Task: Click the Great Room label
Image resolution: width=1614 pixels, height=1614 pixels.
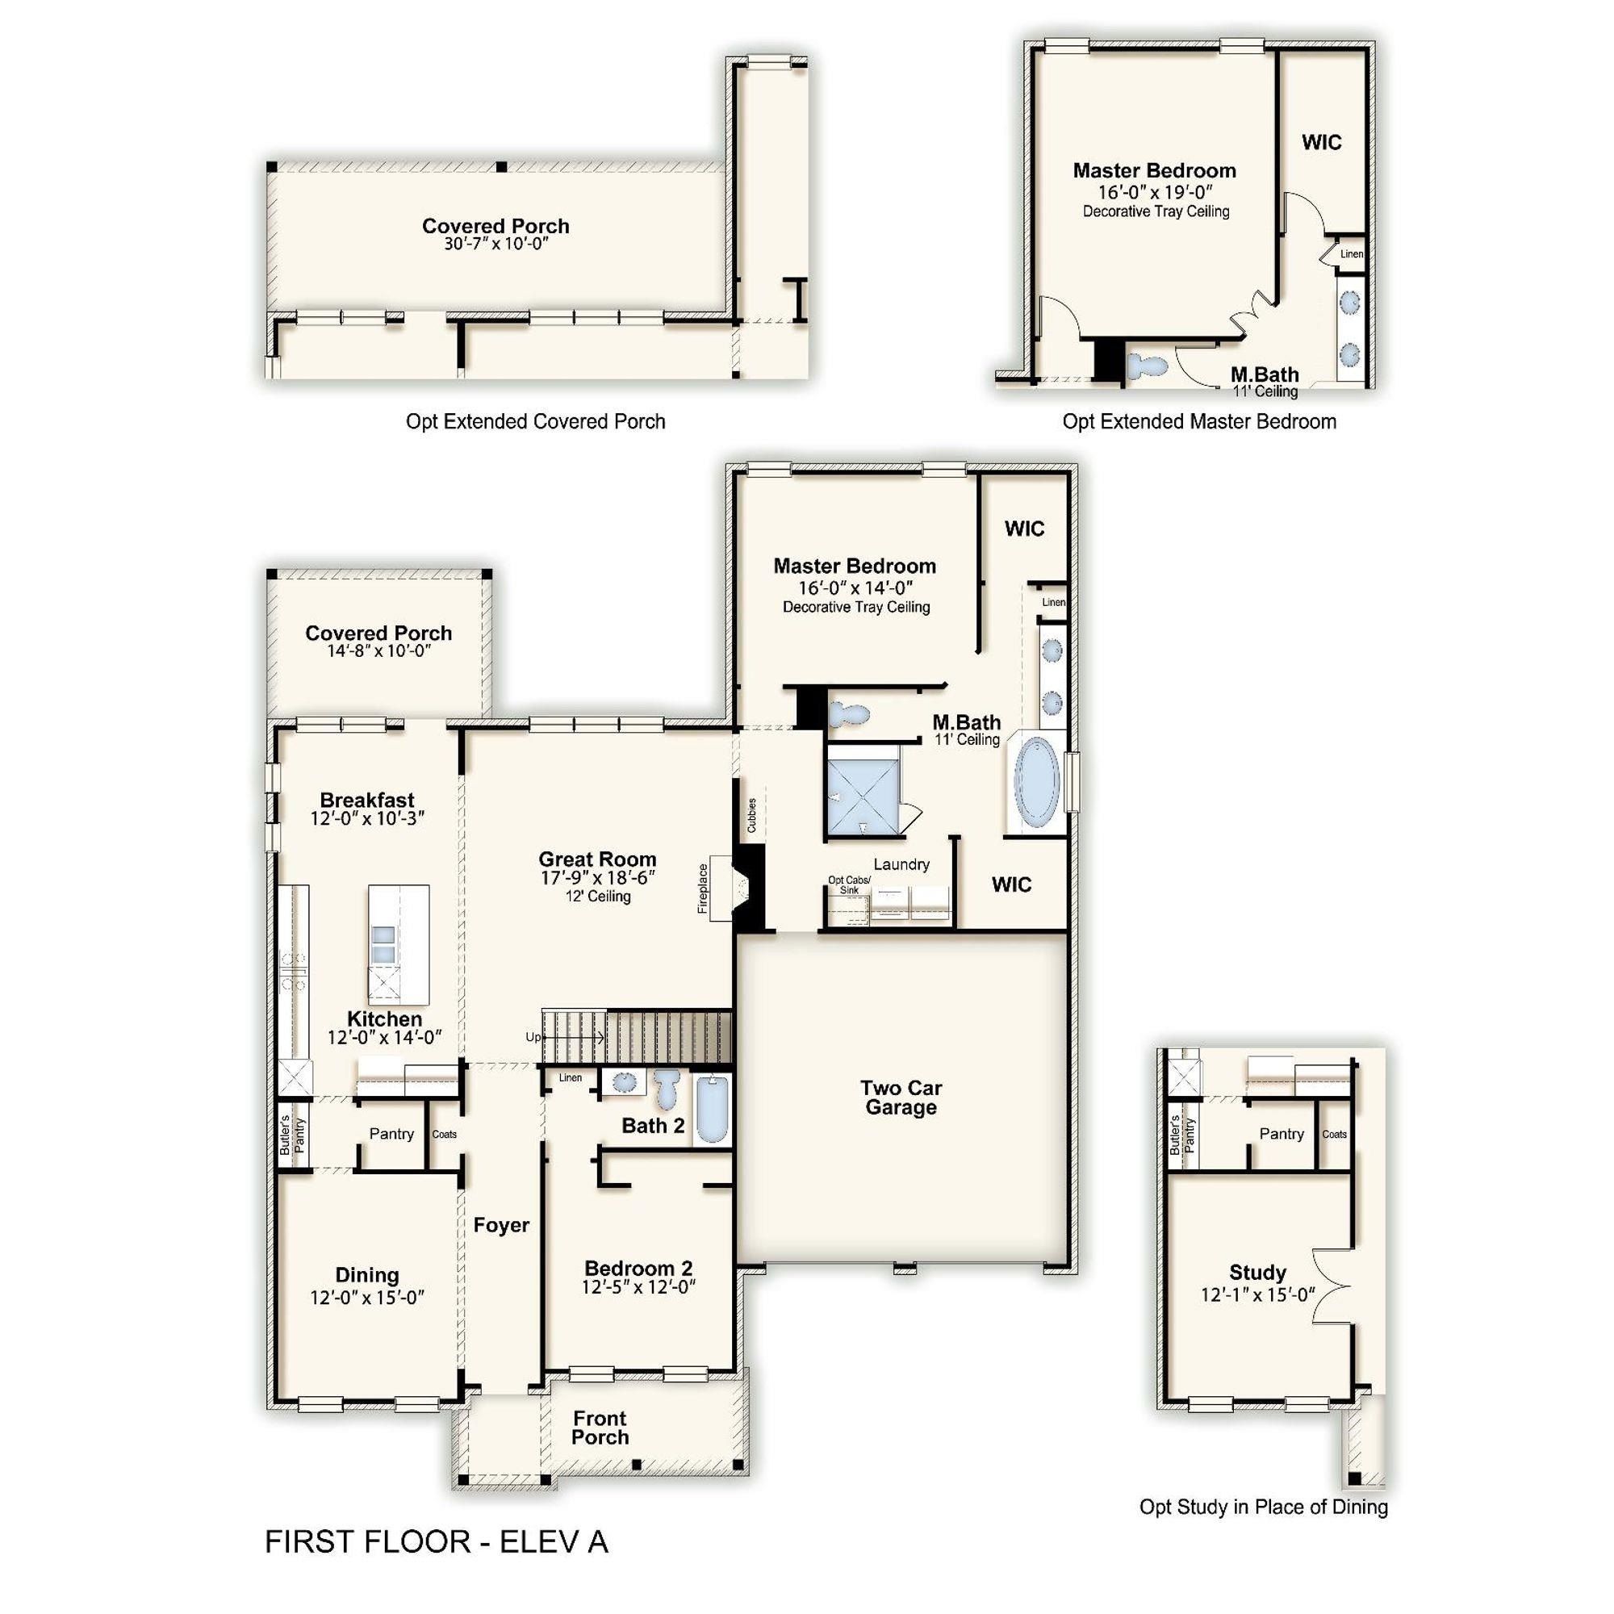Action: pyautogui.click(x=596, y=859)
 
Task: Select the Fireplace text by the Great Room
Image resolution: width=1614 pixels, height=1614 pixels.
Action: pyautogui.click(x=703, y=888)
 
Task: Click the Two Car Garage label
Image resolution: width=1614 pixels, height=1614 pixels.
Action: pyautogui.click(x=901, y=1097)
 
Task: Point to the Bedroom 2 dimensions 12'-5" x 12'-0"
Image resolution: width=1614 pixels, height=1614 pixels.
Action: pyautogui.click(x=638, y=1287)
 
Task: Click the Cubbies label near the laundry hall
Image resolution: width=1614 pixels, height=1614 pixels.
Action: pyautogui.click(x=751, y=815)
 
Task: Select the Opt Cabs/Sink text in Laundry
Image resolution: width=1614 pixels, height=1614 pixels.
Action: pyautogui.click(x=849, y=884)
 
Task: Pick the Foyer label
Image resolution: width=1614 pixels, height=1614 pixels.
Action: pyautogui.click(x=501, y=1225)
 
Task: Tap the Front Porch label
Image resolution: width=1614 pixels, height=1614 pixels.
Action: pyautogui.click(x=600, y=1428)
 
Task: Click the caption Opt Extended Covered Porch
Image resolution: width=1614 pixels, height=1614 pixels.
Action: pyautogui.click(x=535, y=421)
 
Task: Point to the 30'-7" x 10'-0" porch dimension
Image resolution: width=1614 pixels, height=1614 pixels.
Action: pyautogui.click(x=495, y=244)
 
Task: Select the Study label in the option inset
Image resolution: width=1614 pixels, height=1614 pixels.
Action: pyautogui.click(x=1257, y=1273)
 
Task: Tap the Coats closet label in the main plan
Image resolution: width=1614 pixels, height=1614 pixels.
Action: pyautogui.click(x=445, y=1134)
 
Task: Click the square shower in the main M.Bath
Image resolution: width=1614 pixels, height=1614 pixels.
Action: pyautogui.click(x=862, y=788)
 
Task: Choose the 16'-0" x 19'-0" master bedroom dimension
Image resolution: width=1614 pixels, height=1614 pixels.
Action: pyautogui.click(x=1155, y=191)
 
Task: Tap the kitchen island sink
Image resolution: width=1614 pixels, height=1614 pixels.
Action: pyautogui.click(x=383, y=944)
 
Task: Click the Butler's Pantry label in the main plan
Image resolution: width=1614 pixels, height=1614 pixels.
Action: pyautogui.click(x=292, y=1135)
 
